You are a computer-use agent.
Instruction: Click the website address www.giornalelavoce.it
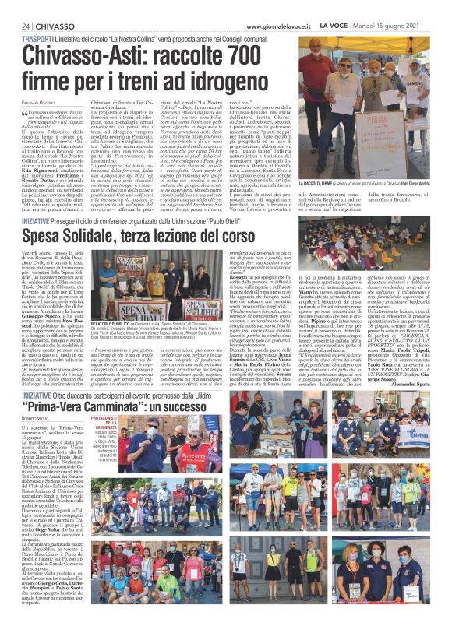pos(285,6)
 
